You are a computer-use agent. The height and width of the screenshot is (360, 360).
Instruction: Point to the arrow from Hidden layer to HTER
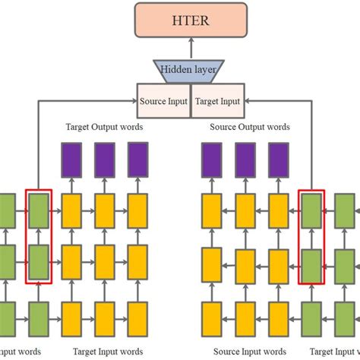(x=187, y=49)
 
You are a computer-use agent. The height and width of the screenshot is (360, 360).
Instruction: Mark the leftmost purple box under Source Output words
(x=211, y=159)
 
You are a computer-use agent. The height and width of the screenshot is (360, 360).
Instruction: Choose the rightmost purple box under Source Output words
(x=278, y=159)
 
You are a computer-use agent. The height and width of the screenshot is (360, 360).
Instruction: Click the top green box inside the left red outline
(x=39, y=207)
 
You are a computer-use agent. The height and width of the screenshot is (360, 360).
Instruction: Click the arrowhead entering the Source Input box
(x=134, y=100)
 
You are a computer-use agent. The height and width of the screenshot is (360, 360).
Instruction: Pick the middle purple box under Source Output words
(x=245, y=159)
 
